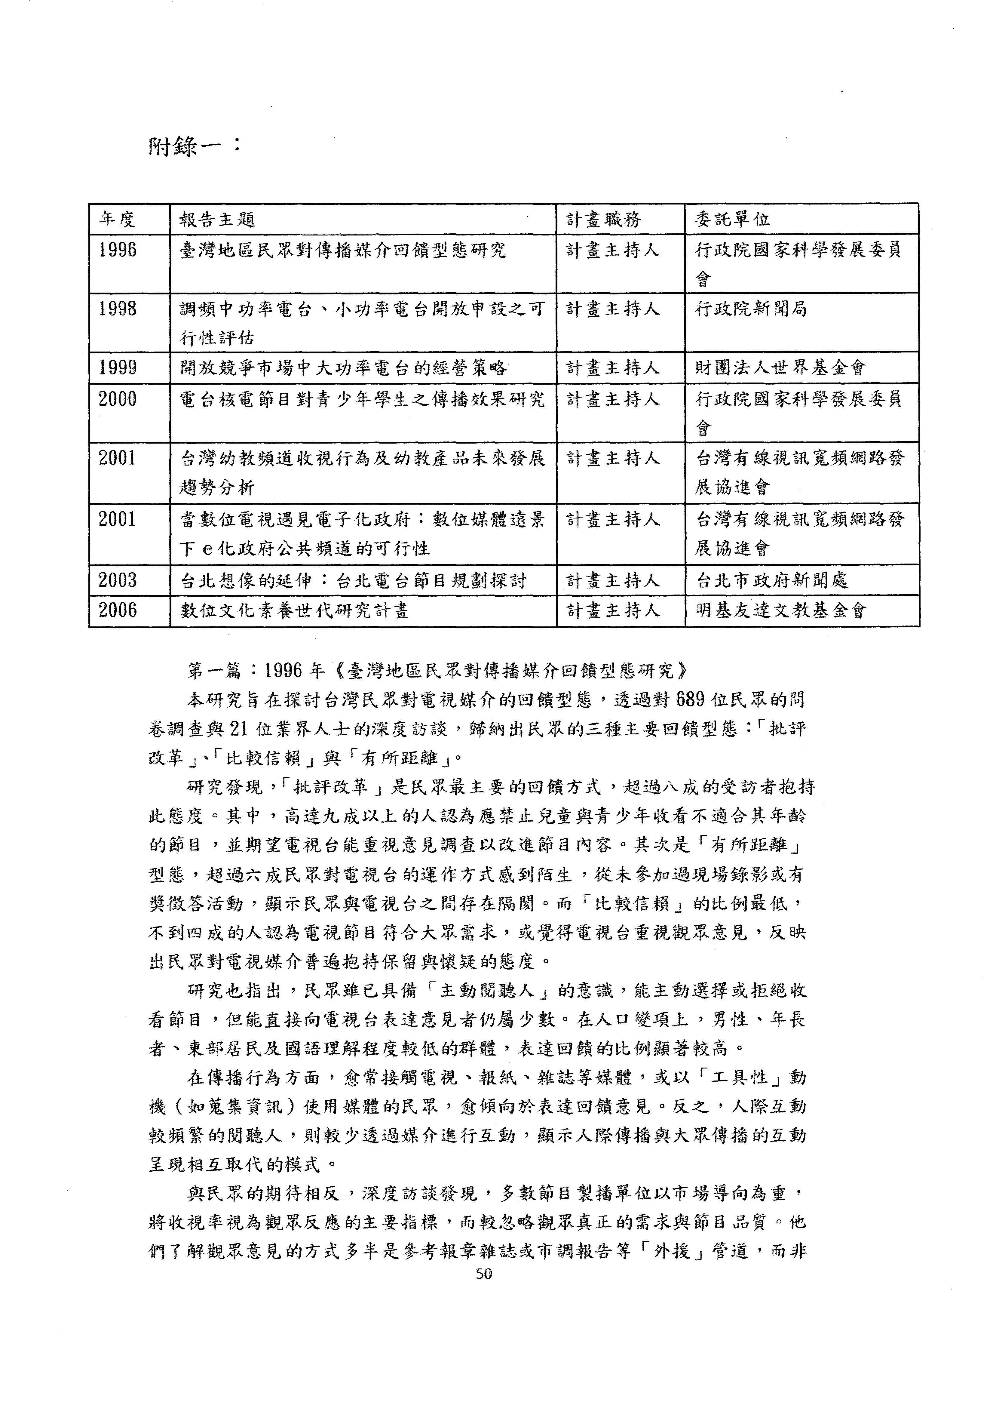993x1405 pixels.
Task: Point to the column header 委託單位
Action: coord(732,219)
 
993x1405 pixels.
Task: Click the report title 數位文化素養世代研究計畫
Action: coord(294,610)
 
